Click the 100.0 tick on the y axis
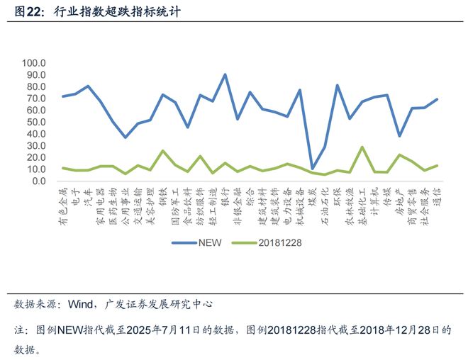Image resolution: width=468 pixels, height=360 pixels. pyautogui.click(x=33, y=63)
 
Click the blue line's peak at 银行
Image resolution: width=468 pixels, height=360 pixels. pyautogui.click(x=225, y=74)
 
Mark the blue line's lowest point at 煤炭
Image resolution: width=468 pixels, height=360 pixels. pyautogui.click(x=312, y=169)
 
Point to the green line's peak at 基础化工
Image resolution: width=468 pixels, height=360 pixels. pyautogui.click(x=362, y=147)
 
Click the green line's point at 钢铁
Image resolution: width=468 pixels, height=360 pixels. pyautogui.click(x=162, y=151)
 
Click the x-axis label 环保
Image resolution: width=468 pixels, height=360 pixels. pyautogui.click(x=337, y=195)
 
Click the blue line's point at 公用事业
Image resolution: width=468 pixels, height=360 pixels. pyautogui.click(x=126, y=137)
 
